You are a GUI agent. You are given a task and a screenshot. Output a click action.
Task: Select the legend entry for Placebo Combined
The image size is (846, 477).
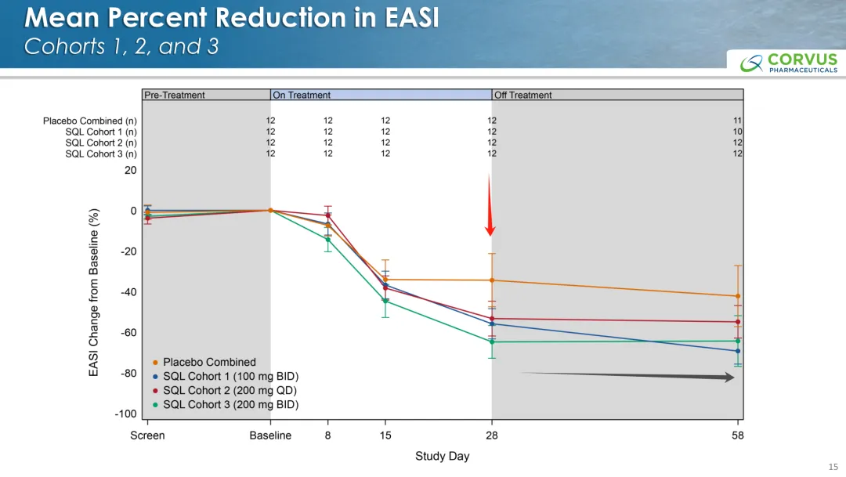[x=208, y=362]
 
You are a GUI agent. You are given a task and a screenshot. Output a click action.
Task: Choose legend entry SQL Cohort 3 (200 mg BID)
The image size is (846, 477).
[x=230, y=404]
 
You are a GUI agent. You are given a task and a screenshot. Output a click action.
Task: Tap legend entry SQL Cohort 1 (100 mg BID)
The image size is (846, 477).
[x=230, y=376]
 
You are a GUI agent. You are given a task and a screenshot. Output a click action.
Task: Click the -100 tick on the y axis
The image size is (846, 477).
[x=125, y=414]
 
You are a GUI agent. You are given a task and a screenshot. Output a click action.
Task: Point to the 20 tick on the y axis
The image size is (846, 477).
[x=130, y=170]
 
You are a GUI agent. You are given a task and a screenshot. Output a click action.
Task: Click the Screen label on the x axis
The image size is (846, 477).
[x=147, y=435]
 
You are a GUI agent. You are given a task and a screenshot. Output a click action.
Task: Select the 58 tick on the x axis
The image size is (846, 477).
[x=737, y=435]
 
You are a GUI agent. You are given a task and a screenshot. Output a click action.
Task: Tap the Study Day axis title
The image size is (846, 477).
[x=442, y=456]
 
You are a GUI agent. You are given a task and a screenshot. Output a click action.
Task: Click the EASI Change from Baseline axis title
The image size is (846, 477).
[x=94, y=292]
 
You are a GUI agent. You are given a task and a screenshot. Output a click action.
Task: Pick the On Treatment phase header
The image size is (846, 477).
[x=302, y=95]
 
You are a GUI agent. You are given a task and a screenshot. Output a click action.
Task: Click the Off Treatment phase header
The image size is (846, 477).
[x=522, y=95]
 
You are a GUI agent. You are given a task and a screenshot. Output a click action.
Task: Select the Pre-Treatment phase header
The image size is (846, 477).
[x=175, y=95]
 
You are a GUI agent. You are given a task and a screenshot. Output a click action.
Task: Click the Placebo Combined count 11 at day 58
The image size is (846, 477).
[x=737, y=121]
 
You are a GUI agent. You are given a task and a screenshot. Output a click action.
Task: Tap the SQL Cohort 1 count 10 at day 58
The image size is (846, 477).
[x=737, y=132]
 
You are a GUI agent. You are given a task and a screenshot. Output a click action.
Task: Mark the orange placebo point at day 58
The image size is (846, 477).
[x=737, y=296]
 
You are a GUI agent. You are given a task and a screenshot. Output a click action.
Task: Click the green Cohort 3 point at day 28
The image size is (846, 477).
[x=492, y=341]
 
